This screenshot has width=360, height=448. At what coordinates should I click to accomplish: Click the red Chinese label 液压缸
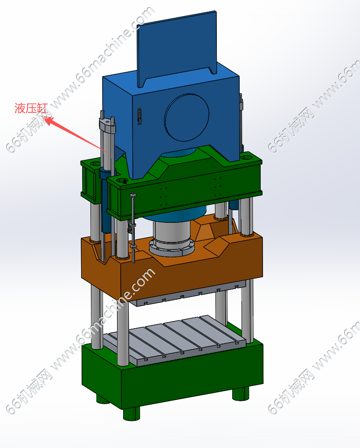point(31,108)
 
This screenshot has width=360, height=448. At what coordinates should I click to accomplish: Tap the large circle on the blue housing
point(187,117)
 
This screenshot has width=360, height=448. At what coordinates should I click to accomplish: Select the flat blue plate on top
point(177,48)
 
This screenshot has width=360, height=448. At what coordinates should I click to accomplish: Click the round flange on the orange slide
point(172,248)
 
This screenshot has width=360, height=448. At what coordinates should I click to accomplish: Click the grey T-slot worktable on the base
point(174,340)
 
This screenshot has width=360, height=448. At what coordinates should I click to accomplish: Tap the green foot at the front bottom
point(132,413)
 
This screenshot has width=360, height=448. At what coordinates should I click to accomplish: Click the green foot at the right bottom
point(241,394)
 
